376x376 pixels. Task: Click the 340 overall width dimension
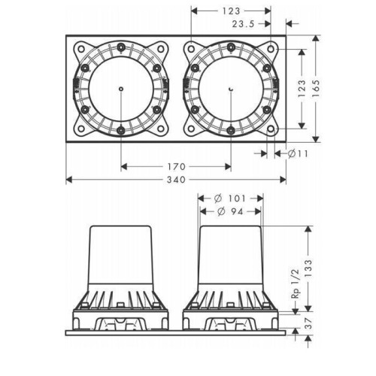pos(176,180)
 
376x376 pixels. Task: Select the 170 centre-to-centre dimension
pos(176,166)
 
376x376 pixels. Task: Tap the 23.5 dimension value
pos(243,24)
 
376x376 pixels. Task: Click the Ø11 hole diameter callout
pos(298,153)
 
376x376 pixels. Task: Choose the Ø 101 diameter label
pos(230,199)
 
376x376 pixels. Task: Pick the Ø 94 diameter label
pos(230,212)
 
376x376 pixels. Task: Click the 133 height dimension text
pos(308,268)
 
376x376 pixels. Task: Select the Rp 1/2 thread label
pos(296,284)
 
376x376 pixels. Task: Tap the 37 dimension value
pos(308,323)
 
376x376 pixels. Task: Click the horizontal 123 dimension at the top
pos(231,11)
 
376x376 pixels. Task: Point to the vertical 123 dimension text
pos(302,89)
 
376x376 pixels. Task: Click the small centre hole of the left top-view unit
pos(121,89)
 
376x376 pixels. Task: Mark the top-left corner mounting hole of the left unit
pos(81,48)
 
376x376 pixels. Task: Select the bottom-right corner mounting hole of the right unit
pos(271,129)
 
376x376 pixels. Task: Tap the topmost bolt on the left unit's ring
pos(121,47)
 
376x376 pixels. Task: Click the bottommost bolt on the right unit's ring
pos(231,130)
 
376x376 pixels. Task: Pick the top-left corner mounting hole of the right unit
pos(191,48)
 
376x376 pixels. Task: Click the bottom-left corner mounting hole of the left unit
pos(81,129)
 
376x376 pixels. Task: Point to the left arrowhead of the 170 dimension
pos(124,166)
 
